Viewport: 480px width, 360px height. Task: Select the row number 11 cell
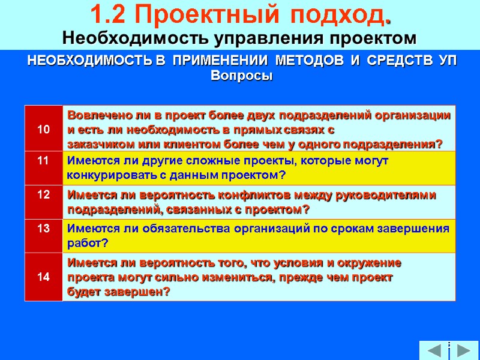click(43, 161)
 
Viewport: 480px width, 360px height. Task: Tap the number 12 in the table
click(43, 195)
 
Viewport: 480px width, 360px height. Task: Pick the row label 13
click(43, 229)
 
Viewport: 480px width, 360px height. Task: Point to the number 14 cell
click(43, 277)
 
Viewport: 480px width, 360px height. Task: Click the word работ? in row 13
click(88, 243)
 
